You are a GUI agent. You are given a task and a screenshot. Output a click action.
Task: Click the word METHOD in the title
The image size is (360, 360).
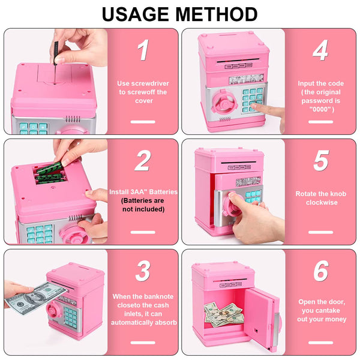(x=217, y=14)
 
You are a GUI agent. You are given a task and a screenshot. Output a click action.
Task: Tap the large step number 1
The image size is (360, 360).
(x=143, y=50)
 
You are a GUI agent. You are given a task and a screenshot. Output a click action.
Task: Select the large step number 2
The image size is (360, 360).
(x=143, y=160)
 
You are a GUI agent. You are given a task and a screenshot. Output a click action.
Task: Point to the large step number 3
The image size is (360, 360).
(x=143, y=271)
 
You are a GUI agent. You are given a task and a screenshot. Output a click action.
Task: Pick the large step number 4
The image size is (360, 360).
(x=320, y=50)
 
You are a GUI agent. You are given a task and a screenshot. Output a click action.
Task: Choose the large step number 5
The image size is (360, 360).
(x=321, y=160)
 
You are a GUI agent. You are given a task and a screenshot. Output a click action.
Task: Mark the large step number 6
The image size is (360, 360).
(x=321, y=271)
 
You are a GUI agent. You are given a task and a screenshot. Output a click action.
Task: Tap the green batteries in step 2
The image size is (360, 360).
(x=50, y=173)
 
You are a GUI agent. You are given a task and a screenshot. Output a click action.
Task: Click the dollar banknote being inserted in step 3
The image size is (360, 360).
(x=36, y=298)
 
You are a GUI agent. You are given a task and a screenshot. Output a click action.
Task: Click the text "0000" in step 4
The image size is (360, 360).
(x=321, y=109)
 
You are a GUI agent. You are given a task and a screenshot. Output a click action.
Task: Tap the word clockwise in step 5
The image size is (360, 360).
(x=322, y=203)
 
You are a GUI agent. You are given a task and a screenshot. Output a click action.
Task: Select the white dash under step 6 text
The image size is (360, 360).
(x=321, y=343)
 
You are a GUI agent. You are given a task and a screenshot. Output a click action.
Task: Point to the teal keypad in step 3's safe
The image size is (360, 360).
(x=70, y=317)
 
